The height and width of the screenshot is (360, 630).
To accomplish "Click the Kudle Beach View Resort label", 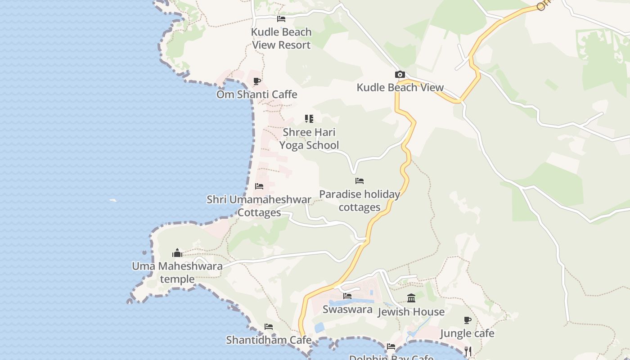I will pos(281,38).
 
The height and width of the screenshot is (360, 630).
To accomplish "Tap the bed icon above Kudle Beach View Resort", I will pos(281,19).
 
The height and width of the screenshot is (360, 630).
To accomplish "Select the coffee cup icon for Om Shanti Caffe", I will pos(257,81).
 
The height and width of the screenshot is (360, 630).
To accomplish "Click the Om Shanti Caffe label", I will pos(257,94).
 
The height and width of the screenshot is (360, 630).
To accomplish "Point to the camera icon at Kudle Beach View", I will pos(400,75).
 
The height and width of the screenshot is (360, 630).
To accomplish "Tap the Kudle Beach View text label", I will pos(400,87).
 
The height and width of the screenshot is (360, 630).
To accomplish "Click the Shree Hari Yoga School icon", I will pos(309,119).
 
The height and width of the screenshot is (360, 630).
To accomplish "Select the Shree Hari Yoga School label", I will pos(309,139).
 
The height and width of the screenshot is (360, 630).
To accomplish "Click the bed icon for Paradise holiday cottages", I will pos(359,181).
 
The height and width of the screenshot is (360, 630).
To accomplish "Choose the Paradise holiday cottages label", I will pos(360,201).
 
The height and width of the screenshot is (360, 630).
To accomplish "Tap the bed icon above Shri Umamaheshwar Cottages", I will pos(259,186).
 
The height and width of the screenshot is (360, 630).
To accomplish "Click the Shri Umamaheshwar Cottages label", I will pos(259,206).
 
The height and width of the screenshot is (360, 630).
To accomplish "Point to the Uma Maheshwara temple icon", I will pos(177,253).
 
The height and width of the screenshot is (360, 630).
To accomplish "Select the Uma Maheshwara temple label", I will pos(177,272).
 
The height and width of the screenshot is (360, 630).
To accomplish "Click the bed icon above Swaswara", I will pos(347,296).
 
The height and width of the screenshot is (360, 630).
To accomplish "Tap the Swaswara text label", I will pos(347,309).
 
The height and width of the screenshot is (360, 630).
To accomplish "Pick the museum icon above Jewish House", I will pos(411,298).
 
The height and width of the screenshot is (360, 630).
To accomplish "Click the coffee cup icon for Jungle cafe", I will pos(468,320).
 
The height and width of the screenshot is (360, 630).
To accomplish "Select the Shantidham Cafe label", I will pos(269,340).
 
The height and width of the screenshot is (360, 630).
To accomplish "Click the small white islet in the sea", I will pos(113,200).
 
